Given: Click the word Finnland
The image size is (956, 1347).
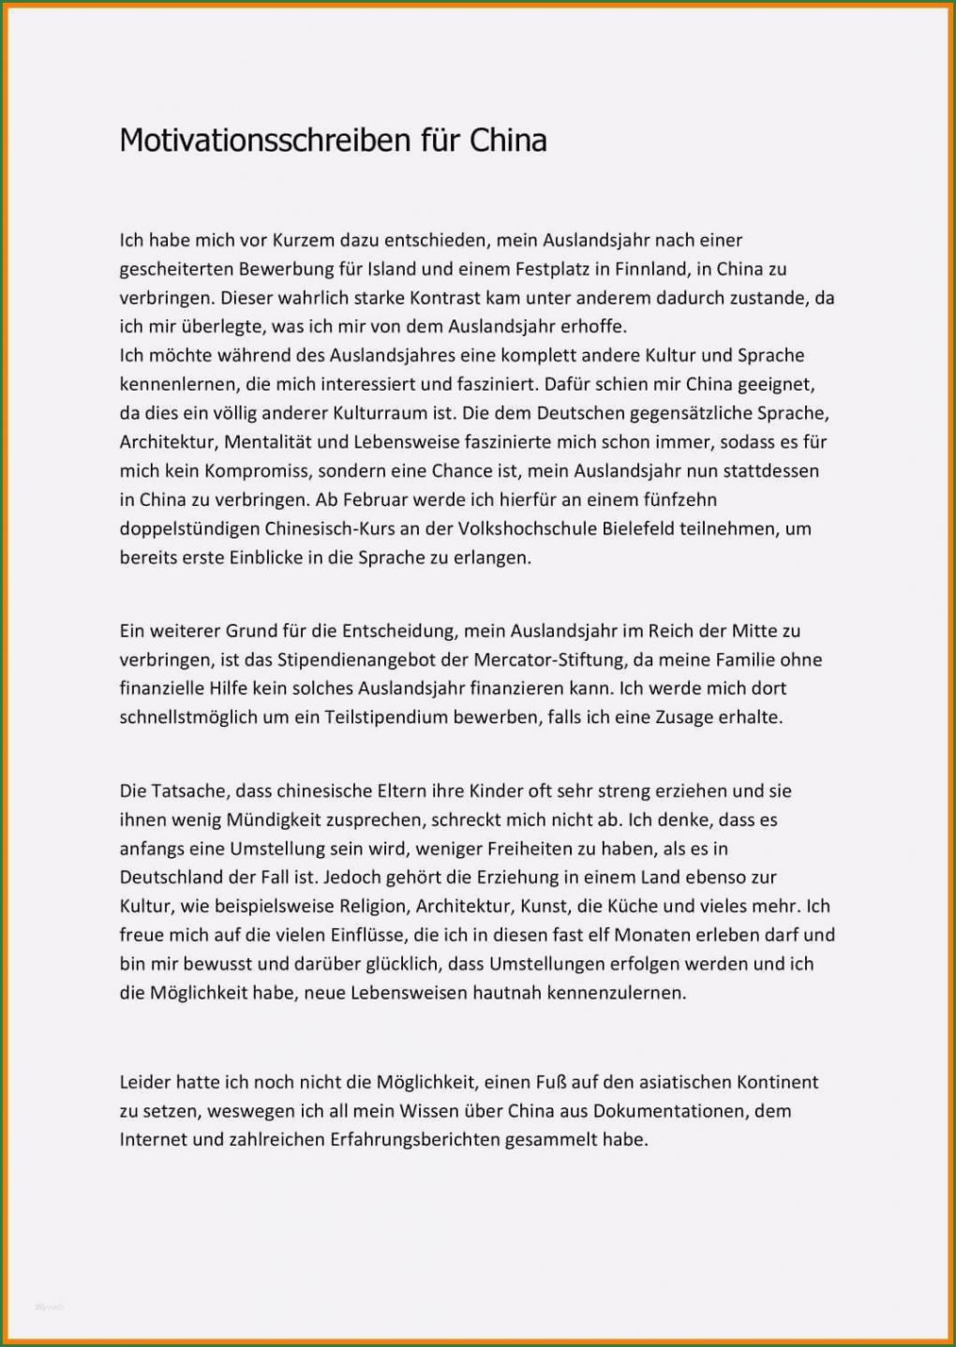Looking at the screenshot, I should [651, 269].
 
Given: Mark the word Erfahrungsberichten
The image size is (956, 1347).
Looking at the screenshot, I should [414, 1140].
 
